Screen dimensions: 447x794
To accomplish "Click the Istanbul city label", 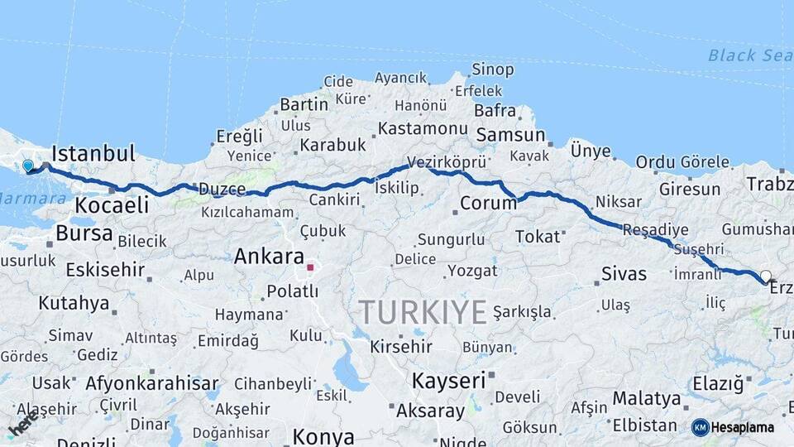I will coord(93,154).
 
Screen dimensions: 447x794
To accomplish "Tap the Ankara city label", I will coord(269,257).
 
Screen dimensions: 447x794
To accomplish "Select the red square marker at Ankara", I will coord(310,267).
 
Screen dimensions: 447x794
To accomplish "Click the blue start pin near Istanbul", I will coord(28,166).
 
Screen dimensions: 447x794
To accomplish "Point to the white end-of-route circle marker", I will coord(765,276).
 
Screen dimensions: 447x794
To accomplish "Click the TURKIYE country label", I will coord(422,313).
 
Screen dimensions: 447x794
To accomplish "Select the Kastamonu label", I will coord(423,128).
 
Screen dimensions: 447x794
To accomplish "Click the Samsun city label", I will coord(510,135).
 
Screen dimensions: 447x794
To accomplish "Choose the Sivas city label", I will coord(624,274).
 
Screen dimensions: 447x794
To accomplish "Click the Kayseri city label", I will coord(447,381).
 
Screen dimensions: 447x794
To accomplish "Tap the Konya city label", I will coord(323,436).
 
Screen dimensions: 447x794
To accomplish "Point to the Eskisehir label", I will coord(105,270).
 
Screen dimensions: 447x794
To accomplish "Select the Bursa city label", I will coord(84,233).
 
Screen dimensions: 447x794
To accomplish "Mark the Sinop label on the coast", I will coord(492,70).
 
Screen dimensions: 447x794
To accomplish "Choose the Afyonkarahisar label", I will coord(151,384).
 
